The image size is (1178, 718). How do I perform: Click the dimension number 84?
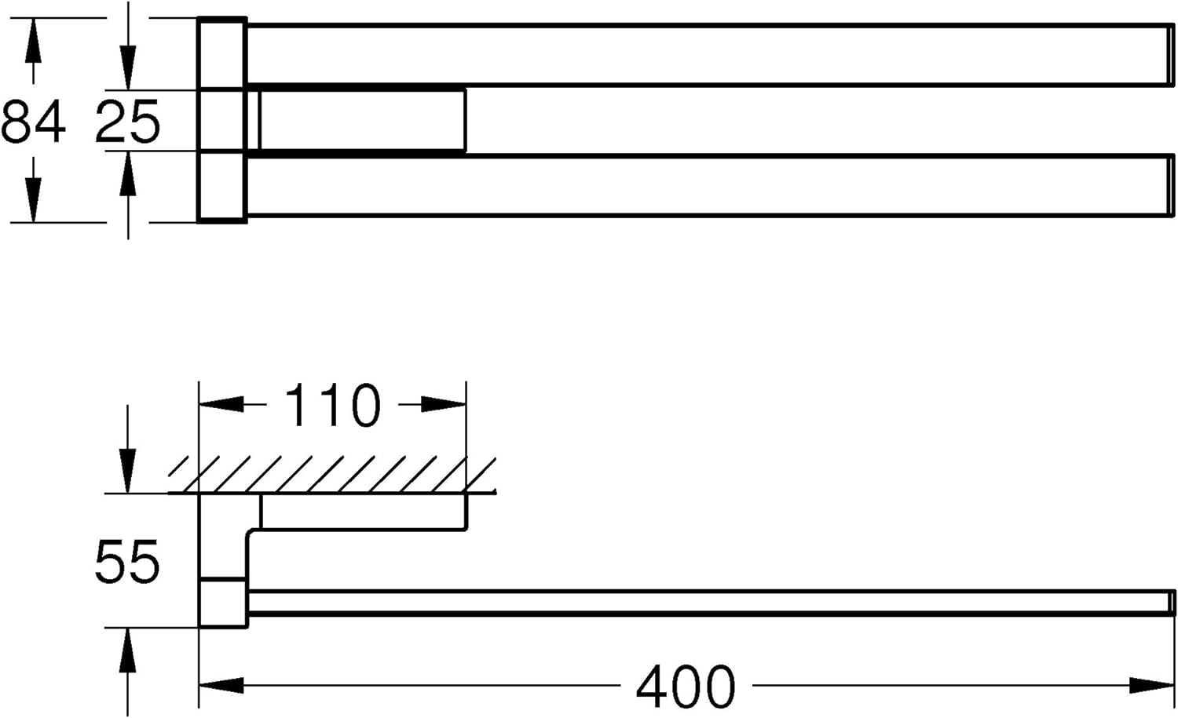click(x=33, y=122)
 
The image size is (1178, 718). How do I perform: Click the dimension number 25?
click(x=127, y=122)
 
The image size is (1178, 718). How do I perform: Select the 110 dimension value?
click(x=332, y=405)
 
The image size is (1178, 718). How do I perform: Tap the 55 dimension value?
click(x=126, y=561)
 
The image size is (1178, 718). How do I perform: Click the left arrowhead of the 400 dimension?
click(x=221, y=685)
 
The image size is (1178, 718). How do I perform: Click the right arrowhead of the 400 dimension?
click(x=1152, y=685)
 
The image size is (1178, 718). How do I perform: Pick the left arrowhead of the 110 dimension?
click(x=221, y=404)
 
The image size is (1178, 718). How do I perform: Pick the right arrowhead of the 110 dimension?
click(x=444, y=404)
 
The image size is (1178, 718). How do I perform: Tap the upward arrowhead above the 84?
click(x=33, y=40)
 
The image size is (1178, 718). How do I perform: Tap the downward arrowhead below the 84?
click(x=33, y=200)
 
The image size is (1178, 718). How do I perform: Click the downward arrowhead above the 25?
click(x=128, y=67)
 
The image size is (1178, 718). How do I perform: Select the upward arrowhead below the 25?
click(x=128, y=173)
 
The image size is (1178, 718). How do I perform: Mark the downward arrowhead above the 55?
click(x=127, y=472)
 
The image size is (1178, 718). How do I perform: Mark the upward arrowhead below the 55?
click(x=127, y=651)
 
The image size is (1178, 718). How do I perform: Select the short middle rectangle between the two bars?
click(x=362, y=120)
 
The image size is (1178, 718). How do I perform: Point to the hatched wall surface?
click(x=332, y=476)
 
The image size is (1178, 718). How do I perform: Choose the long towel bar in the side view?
click(x=710, y=602)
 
